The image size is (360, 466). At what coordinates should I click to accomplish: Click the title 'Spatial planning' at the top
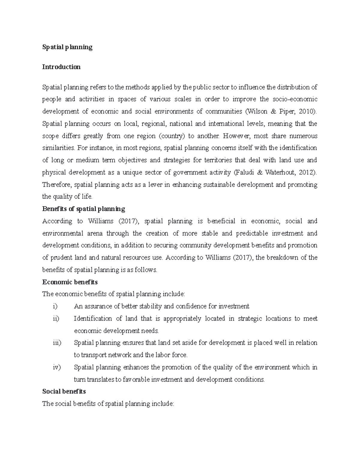(67, 47)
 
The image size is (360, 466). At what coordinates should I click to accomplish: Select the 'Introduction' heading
(61, 67)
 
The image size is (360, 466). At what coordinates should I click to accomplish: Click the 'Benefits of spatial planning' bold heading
(84, 209)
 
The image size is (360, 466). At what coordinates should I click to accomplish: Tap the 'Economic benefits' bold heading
(70, 282)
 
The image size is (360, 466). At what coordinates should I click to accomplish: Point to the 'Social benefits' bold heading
(64, 391)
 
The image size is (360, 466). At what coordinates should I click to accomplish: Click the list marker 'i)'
(55, 306)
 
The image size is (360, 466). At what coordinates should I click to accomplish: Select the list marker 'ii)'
(56, 319)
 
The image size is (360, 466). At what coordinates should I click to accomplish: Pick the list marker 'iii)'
(57, 343)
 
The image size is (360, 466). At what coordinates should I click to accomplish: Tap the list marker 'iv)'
(56, 367)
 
